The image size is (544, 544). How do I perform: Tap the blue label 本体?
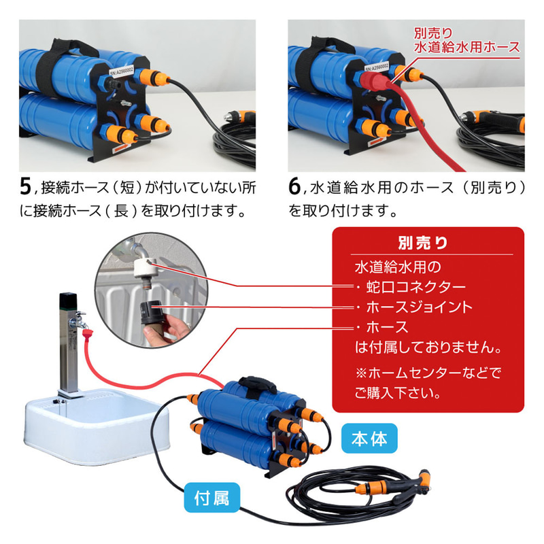[370, 439]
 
